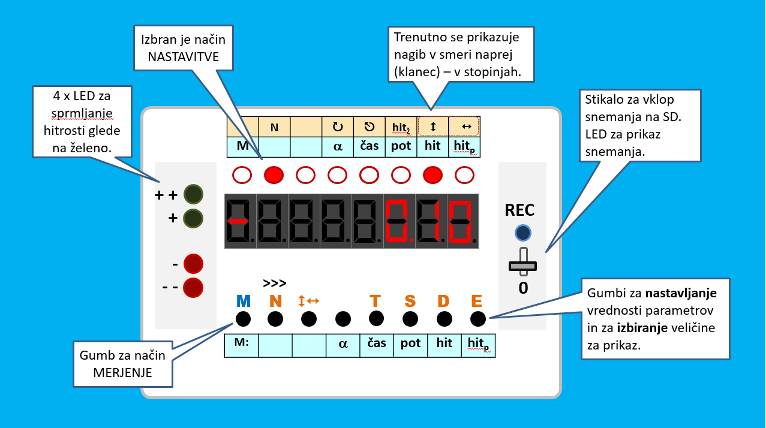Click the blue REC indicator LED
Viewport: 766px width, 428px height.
coord(523,233)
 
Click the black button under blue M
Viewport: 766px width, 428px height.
coord(243,318)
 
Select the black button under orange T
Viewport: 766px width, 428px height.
coord(376,318)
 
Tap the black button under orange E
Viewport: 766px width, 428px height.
coord(477,318)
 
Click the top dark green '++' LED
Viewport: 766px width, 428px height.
coord(193,195)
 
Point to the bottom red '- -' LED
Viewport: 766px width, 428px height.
coord(193,288)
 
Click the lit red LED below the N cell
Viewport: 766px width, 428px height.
coord(274,175)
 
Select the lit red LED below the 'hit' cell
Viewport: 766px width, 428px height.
coord(432,175)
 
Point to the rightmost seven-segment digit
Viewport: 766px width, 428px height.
coord(461,221)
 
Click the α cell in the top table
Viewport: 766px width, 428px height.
coord(338,146)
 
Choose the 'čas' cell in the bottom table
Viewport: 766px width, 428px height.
coord(377,343)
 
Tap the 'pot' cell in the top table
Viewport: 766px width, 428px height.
coord(401,146)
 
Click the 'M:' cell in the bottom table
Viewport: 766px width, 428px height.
coord(242,343)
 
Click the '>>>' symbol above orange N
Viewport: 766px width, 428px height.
coord(275,284)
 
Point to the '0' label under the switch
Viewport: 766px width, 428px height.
coord(523,288)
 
